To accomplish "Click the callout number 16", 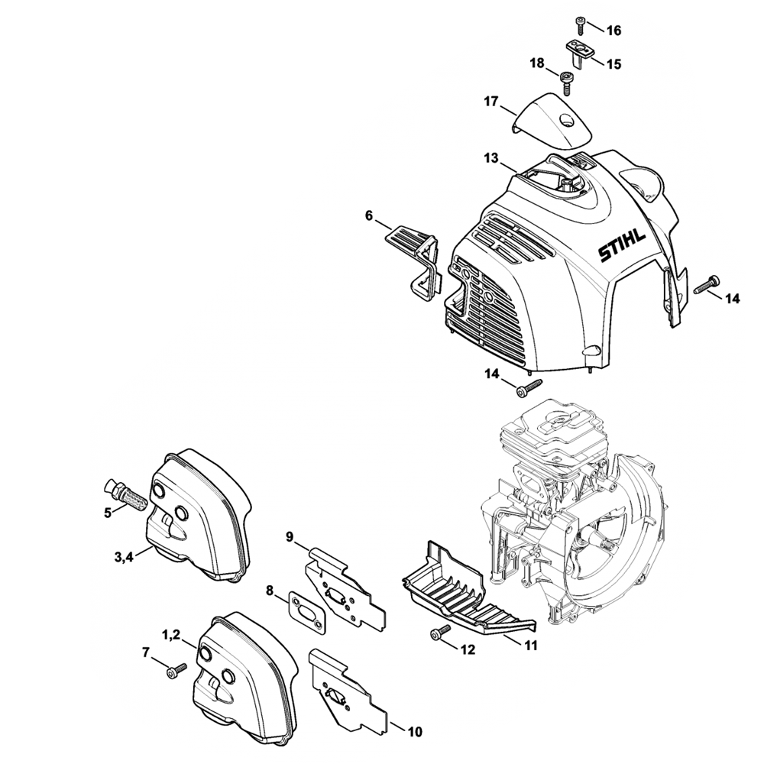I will (x=613, y=31).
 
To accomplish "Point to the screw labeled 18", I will (x=567, y=79).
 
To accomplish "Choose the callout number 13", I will (x=490, y=158).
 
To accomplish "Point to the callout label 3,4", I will (x=125, y=557).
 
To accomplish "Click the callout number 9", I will (x=290, y=537).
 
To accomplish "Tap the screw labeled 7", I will (x=175, y=669).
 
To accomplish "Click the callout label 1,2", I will (x=171, y=633).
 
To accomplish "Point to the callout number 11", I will (x=529, y=646).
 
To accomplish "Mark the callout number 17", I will (x=490, y=101).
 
